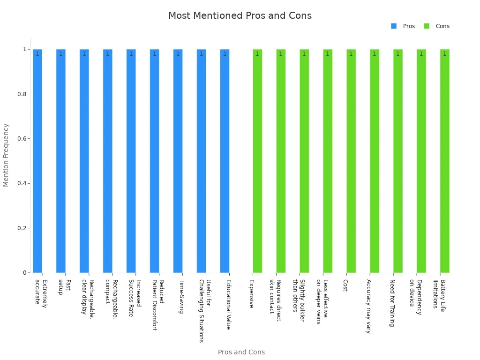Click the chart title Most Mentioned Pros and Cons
point(240,16)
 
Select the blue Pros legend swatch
point(394,26)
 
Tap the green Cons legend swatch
point(427,26)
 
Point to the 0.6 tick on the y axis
point(22,139)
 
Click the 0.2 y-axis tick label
point(22,228)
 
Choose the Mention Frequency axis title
point(6,155)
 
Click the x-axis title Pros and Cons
point(241,352)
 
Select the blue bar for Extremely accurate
point(37,161)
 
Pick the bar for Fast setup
point(61,161)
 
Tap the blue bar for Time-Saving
point(178,161)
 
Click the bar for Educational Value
point(225,161)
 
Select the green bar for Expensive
point(257,161)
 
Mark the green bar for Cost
point(351,161)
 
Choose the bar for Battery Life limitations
point(444,161)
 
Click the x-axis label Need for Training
point(392,303)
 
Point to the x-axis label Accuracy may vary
point(369,306)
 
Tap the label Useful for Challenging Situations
point(205,311)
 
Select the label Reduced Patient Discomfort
point(158,305)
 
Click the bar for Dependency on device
point(421,161)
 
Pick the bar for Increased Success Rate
point(131,161)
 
